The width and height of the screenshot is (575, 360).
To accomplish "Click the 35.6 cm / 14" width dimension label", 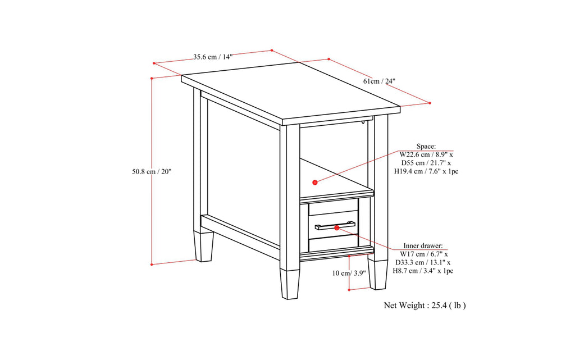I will [x=213, y=57].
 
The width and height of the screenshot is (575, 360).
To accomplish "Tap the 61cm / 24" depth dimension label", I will [x=379, y=81].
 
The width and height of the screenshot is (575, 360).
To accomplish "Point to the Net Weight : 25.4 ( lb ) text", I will [x=425, y=306].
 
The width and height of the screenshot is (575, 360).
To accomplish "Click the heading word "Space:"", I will [x=426, y=145].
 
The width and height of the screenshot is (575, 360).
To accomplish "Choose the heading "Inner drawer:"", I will [x=423, y=246].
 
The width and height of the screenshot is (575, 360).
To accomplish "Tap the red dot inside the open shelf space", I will [x=315, y=182].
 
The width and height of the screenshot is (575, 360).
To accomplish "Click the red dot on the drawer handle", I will [x=337, y=227].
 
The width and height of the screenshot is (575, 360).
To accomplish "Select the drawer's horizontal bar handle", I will [x=335, y=226].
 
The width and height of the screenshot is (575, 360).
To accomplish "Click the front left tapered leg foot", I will [x=290, y=284].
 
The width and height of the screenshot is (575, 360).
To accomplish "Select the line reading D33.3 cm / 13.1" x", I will [x=423, y=262].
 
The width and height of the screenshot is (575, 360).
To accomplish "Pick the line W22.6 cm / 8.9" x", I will [x=426, y=154].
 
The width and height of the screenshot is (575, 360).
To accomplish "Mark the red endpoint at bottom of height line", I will [x=152, y=263].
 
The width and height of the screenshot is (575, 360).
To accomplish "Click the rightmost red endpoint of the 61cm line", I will [x=429, y=103].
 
